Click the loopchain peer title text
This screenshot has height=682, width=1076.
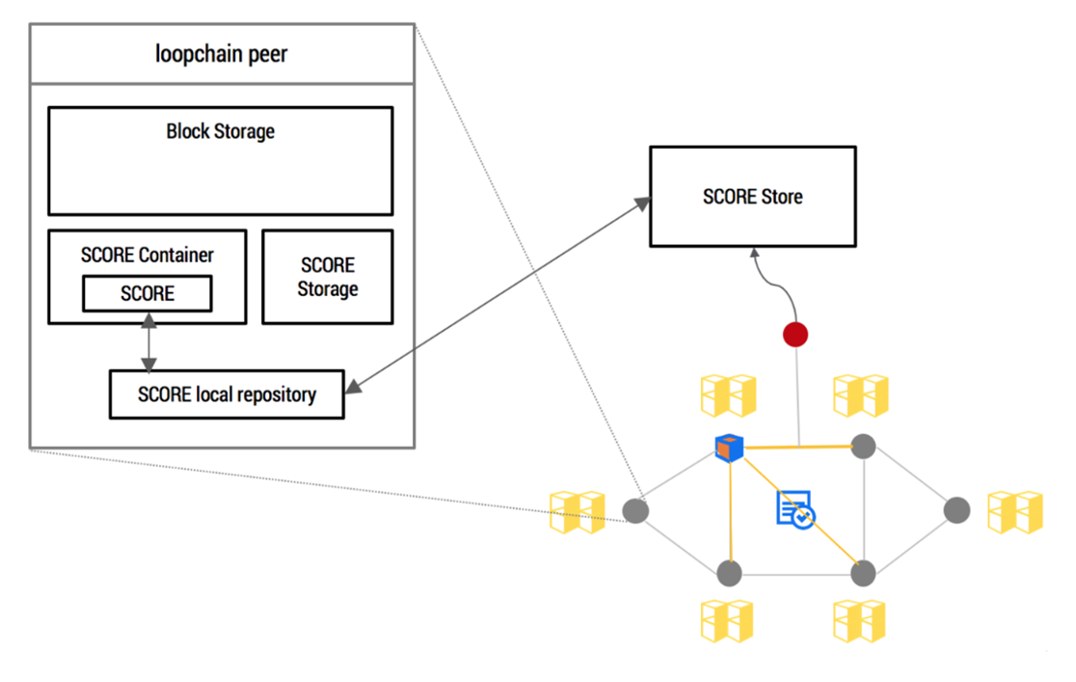(x=221, y=54)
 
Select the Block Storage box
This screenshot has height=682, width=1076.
(x=220, y=161)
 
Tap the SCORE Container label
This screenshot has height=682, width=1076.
(x=147, y=255)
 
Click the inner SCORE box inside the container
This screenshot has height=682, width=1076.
(x=148, y=293)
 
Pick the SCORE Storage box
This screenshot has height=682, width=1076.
(x=327, y=277)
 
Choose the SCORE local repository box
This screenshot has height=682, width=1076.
(x=227, y=395)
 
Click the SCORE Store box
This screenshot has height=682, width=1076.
(x=753, y=197)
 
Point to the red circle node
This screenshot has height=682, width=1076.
(x=795, y=335)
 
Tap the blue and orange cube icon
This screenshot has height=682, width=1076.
(x=729, y=448)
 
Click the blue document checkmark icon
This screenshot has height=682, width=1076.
(x=794, y=509)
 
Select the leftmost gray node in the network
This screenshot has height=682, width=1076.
(x=635, y=511)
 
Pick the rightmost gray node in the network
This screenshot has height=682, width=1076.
(x=956, y=510)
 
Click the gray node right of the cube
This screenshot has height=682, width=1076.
(x=863, y=447)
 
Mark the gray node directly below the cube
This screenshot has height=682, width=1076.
(x=729, y=573)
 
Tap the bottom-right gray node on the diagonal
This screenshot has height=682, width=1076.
(x=863, y=573)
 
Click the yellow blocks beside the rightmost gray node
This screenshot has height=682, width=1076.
(x=1015, y=511)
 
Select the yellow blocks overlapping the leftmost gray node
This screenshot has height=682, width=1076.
(x=578, y=511)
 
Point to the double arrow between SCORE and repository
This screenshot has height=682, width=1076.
(x=148, y=341)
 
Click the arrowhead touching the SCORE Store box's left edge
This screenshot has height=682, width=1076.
(x=642, y=204)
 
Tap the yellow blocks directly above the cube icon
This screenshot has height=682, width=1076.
(x=728, y=396)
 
